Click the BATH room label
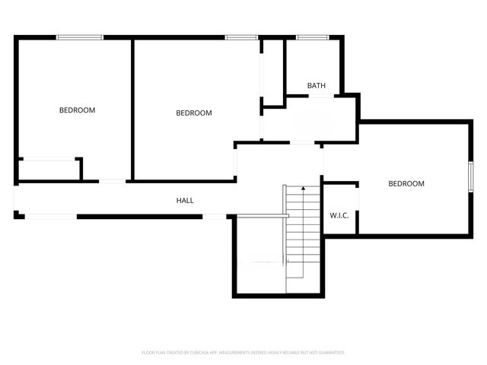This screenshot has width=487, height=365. [317, 86]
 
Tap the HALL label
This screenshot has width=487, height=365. [185, 201]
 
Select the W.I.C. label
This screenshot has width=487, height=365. [339, 215]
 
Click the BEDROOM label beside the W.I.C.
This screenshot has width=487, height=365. [406, 183]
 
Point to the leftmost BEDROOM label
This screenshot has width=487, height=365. [78, 110]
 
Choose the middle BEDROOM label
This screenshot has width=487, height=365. [194, 113]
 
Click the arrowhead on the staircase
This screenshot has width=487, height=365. [304, 187]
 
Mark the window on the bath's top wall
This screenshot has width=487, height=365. [311, 36]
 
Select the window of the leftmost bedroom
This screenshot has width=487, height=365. [80, 36]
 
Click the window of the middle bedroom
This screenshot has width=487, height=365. [240, 36]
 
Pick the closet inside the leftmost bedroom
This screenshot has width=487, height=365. [49, 169]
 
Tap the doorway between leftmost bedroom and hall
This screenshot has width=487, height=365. [113, 181]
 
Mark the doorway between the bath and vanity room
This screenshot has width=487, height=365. [320, 97]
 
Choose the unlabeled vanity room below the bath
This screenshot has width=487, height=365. [309, 120]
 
